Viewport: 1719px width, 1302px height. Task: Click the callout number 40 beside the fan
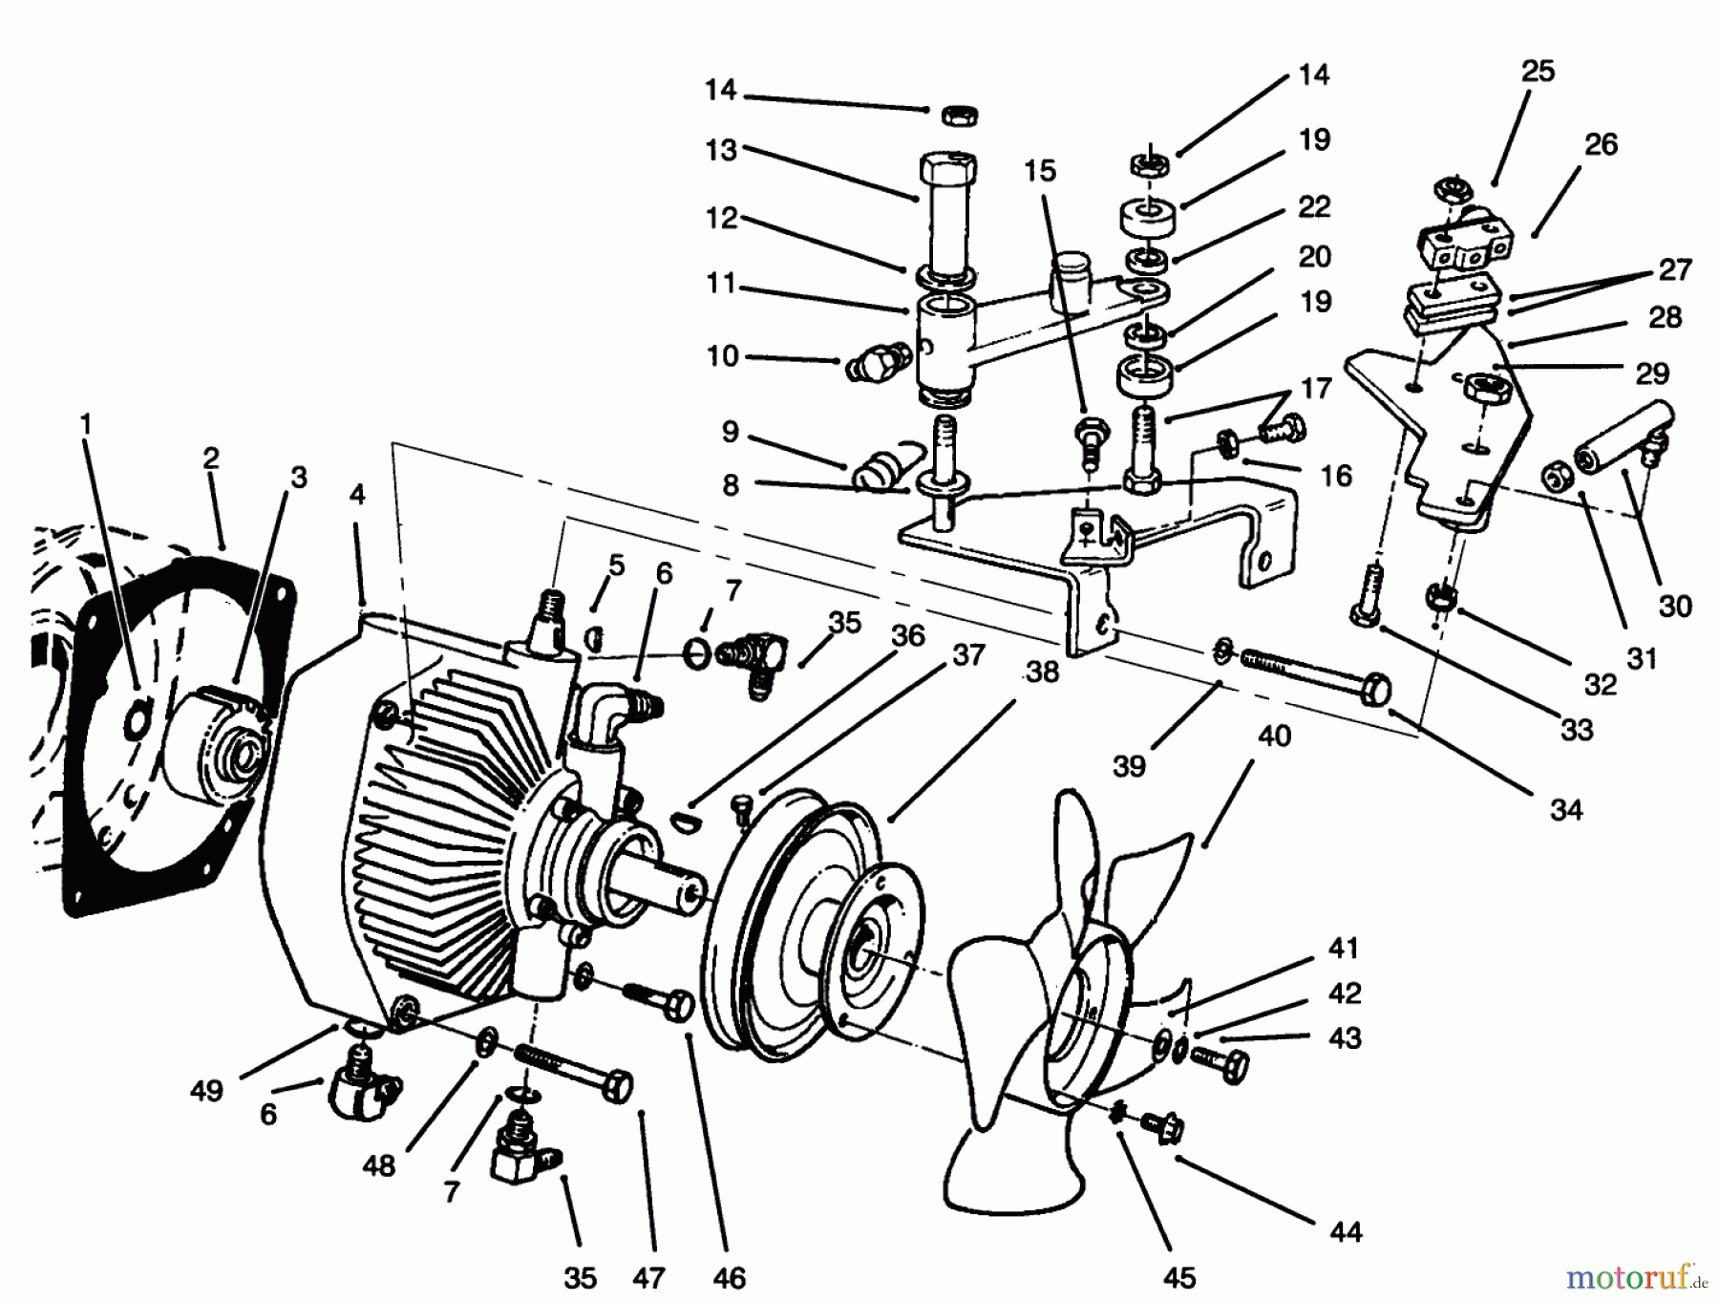coord(1274,736)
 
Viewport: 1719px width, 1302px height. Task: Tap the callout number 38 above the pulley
coord(1042,672)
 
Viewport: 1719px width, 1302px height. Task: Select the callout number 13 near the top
coord(721,151)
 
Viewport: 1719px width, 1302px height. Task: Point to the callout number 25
coord(1538,71)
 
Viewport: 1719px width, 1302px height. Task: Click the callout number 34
coord(1566,810)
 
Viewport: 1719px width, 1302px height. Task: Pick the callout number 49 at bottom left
coord(207,1091)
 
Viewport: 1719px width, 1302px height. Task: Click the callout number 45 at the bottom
coord(1179,1278)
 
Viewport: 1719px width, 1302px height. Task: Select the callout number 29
coord(1652,374)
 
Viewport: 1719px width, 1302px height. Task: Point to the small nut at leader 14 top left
coord(954,115)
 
